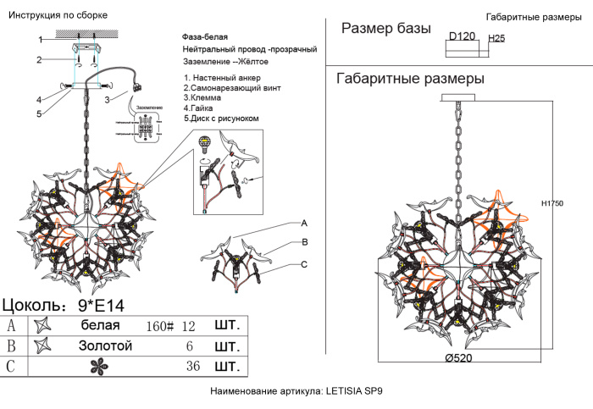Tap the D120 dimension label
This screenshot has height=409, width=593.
[x=462, y=36]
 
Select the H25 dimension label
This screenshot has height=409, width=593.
[x=497, y=39]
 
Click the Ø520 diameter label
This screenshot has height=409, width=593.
[x=458, y=358]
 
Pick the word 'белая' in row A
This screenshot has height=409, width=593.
[x=100, y=325]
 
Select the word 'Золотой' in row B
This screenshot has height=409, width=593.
[x=105, y=345]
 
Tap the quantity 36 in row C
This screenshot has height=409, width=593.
[x=193, y=367]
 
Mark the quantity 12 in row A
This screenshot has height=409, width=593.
[x=188, y=326]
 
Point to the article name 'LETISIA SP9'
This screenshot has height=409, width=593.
[x=354, y=392]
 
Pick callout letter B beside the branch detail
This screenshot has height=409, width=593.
[x=303, y=243]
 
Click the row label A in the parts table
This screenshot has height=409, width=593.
[x=11, y=325]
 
